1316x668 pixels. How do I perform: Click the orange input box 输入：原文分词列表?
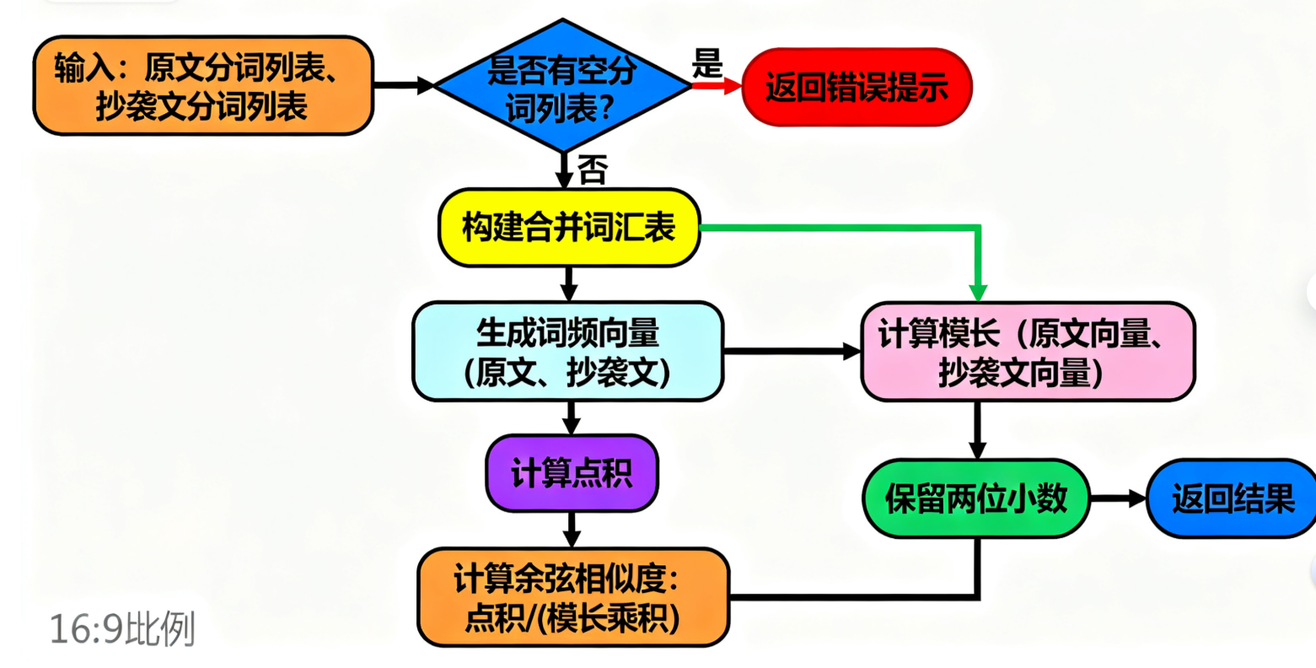[202, 86]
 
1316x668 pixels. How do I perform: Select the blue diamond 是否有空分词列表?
[561, 86]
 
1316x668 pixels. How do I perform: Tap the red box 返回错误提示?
[857, 88]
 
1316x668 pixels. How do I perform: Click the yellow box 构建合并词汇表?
[569, 228]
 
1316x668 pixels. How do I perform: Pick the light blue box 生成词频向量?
[567, 352]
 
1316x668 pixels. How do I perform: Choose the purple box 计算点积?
[572, 473]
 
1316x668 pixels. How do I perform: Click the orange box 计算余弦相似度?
[573, 598]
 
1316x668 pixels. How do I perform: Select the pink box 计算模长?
[1027, 352]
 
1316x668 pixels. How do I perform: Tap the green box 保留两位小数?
[976, 499]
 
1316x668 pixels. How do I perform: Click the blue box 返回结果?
[1233, 499]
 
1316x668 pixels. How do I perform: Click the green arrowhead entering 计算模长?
[978, 292]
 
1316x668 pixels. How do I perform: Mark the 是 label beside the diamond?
[707, 63]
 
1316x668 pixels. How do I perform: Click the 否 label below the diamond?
[593, 171]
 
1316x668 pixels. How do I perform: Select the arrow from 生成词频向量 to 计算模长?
[792, 351]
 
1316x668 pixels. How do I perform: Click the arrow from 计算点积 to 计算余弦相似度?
[572, 530]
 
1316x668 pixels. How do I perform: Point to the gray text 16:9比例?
[123, 629]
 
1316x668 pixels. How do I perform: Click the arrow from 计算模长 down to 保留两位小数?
[977, 430]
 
